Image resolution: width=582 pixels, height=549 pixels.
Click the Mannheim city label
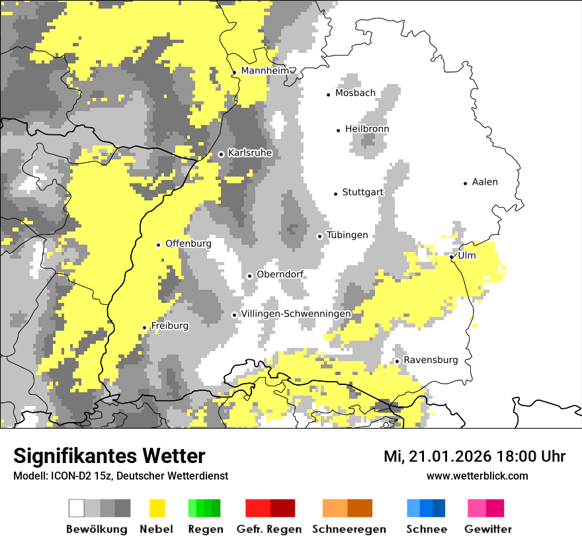pos(265,71)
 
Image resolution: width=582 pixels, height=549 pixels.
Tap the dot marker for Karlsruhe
pos(221,154)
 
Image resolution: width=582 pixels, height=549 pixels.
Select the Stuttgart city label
pos(362,192)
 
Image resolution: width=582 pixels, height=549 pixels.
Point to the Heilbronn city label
pos(367,129)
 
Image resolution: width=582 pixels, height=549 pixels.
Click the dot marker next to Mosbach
pos(328,95)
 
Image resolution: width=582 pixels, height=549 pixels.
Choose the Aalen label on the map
pos(485,182)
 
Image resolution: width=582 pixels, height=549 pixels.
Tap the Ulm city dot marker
pos(452,257)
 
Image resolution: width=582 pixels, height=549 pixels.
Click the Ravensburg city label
pos(431,360)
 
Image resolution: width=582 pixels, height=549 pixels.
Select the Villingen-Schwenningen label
pos(296,314)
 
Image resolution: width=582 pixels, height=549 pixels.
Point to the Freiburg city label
pos(169,326)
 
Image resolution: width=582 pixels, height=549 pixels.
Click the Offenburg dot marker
pos(158,245)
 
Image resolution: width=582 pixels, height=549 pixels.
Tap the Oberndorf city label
pos(280,274)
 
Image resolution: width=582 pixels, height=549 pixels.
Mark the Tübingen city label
pos(347,235)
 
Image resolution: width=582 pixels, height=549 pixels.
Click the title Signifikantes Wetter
pos(109,456)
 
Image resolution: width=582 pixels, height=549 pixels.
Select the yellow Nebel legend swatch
pos(157,508)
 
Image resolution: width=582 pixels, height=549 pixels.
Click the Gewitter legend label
pos(487,529)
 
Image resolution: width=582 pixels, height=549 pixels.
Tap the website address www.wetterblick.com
pos(477,476)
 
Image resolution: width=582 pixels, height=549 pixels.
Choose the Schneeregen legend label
pos(349,529)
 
